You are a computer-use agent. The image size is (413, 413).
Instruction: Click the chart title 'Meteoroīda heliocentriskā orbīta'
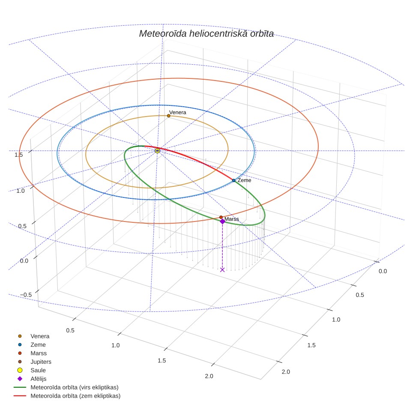206,34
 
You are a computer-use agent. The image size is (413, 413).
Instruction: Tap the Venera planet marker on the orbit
168,116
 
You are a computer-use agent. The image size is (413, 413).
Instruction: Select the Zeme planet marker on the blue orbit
233,180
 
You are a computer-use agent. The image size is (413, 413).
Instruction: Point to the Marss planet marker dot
221,217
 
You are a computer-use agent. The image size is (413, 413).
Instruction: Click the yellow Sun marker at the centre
157,151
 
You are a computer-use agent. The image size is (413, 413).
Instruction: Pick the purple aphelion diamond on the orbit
223,221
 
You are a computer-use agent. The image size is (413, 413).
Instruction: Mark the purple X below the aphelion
222,270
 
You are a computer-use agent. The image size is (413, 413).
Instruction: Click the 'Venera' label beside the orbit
177,113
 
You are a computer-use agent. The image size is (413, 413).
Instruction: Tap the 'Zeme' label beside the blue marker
244,180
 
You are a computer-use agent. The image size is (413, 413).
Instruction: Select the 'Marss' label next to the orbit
231,219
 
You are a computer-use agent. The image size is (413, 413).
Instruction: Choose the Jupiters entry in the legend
41,362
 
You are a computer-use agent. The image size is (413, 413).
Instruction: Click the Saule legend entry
38,370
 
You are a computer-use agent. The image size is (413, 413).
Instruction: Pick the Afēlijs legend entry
39,379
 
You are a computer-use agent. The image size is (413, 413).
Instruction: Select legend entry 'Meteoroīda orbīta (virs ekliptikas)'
75,387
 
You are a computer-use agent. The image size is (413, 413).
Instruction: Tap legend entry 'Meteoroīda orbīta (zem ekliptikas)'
75,396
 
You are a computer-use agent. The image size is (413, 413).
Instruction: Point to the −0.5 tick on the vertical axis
26,295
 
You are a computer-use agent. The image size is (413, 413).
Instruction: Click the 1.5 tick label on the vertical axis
19,155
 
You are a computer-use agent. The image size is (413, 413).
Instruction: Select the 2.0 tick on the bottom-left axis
209,376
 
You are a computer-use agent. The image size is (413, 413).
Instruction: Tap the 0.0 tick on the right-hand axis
383,271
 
